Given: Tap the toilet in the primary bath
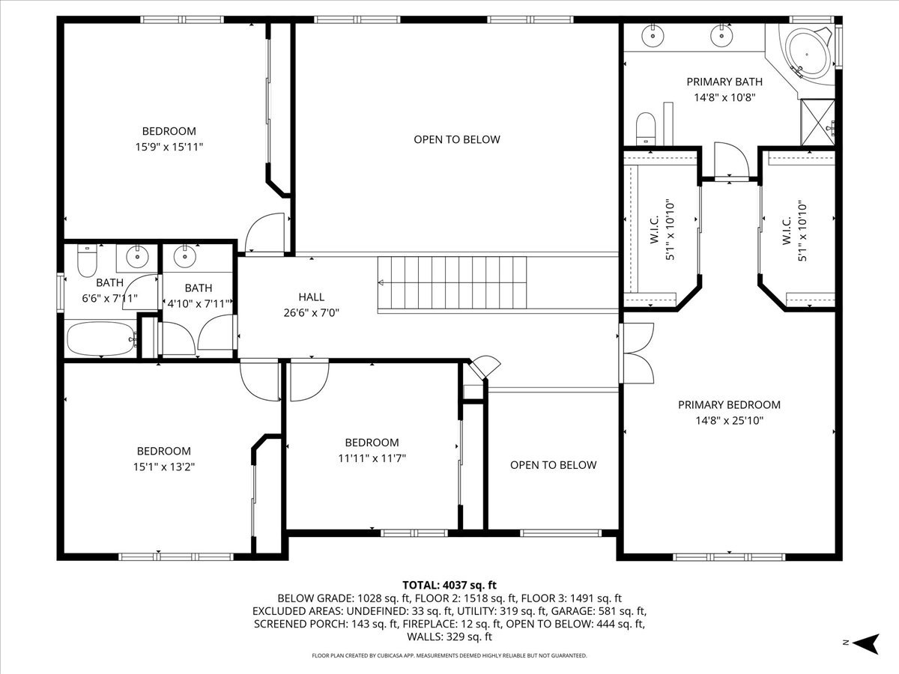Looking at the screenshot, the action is pyautogui.click(x=646, y=128).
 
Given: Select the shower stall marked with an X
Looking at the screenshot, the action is pyautogui.click(x=817, y=122).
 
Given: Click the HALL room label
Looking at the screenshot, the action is pyautogui.click(x=311, y=297).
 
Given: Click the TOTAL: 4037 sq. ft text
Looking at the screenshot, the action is pyautogui.click(x=449, y=585).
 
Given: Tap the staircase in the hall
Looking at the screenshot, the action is pyautogui.click(x=452, y=283).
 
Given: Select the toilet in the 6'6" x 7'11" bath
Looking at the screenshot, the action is pyautogui.click(x=87, y=261).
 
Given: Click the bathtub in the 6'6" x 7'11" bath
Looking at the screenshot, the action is pyautogui.click(x=101, y=338).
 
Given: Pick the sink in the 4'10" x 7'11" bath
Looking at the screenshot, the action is pyautogui.click(x=185, y=257).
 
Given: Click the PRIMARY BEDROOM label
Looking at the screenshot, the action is pyautogui.click(x=729, y=404).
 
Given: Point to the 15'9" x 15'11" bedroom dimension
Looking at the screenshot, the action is pyautogui.click(x=169, y=147).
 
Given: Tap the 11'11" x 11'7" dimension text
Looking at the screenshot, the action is pyautogui.click(x=372, y=458).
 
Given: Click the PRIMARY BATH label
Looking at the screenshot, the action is pyautogui.click(x=724, y=82).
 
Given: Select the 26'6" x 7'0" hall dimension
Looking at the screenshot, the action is pyautogui.click(x=311, y=312).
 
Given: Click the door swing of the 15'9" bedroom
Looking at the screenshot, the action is pyautogui.click(x=264, y=232).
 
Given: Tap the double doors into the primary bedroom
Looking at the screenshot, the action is pyautogui.click(x=636, y=353).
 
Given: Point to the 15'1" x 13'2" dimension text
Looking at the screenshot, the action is pyautogui.click(x=164, y=467).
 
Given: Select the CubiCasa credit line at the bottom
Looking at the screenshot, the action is pyautogui.click(x=449, y=655).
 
